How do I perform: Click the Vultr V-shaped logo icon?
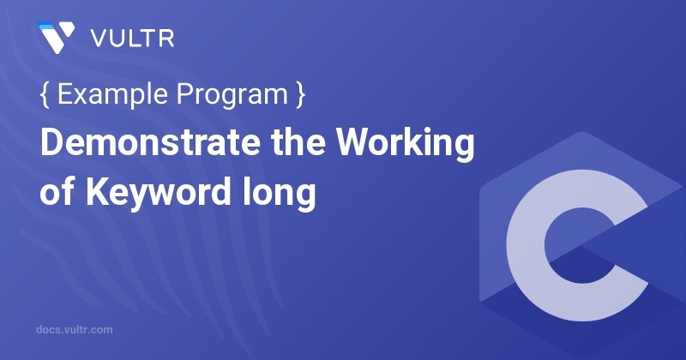pos(56,38)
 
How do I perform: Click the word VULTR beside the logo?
pos(123,39)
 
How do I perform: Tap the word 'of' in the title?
pos(55,191)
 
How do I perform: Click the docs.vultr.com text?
pos(75,329)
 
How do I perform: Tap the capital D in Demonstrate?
pos(51,145)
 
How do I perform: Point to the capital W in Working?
pos(370,145)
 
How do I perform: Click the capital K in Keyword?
pos(93,191)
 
